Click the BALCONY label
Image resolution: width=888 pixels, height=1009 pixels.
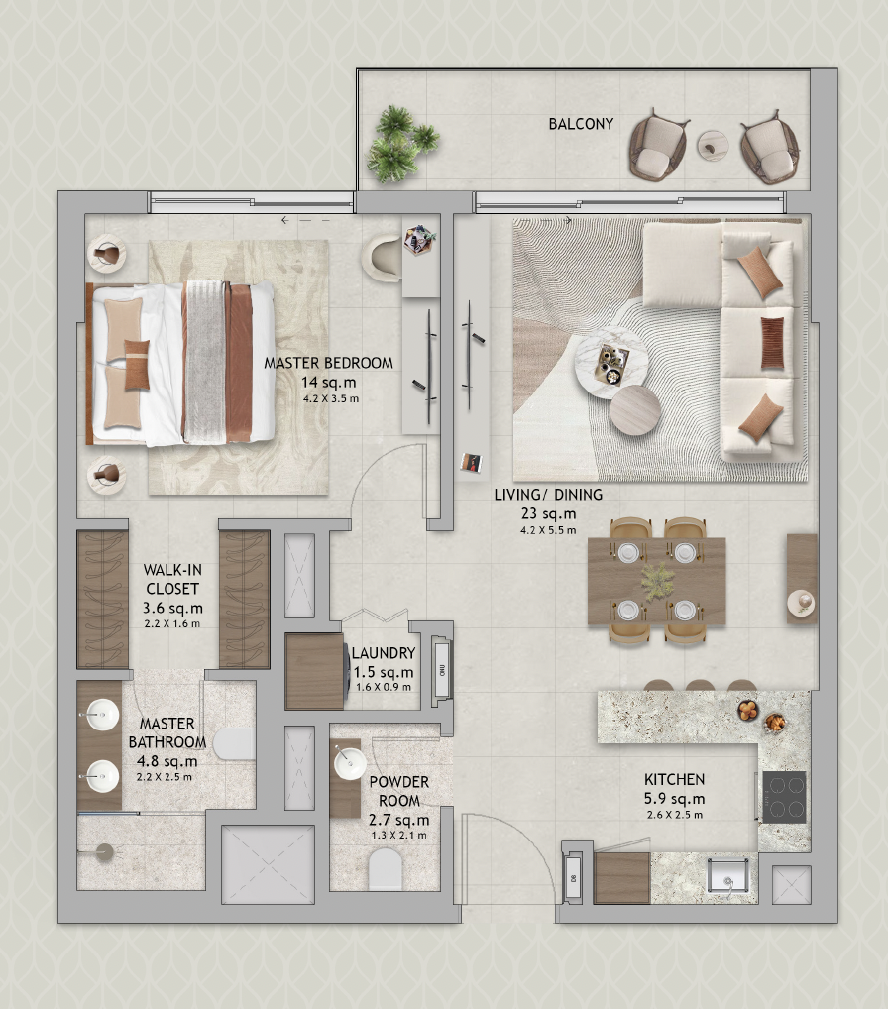coord(581,125)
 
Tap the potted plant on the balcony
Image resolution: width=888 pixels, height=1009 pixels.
coord(399,145)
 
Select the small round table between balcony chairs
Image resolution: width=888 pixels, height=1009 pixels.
coord(713,145)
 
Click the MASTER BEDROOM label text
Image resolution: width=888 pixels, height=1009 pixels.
coord(328,363)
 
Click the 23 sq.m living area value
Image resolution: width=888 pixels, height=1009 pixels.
coord(547,513)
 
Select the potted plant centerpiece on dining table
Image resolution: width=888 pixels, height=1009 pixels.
coord(656,581)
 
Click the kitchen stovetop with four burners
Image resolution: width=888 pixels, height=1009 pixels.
coord(784,795)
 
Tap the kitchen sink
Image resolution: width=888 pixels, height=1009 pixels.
coord(730,878)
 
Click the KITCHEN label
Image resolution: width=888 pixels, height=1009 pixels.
coord(674,780)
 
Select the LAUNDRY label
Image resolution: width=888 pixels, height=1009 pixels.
coord(383,653)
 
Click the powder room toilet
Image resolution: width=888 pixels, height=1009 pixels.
coord(385,870)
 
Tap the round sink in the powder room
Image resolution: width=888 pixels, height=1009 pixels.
coord(348,763)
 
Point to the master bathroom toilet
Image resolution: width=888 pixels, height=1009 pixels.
coord(235,744)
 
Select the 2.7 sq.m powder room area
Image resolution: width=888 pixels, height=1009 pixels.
coord(398,820)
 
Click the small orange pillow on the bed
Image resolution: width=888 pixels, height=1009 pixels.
coord(137,354)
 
